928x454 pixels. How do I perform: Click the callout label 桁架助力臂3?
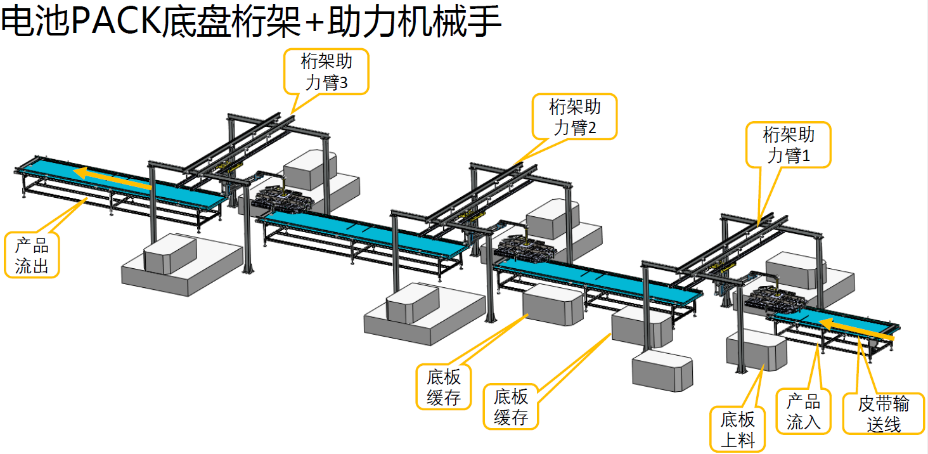326,72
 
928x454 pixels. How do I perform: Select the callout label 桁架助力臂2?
574,117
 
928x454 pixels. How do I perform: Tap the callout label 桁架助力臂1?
788,145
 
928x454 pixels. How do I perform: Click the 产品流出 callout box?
32,256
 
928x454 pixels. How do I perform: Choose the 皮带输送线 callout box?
883,413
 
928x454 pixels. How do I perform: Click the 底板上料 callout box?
738,429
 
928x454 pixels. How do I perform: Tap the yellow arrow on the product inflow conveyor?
856,330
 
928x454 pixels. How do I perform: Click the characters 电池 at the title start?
35,23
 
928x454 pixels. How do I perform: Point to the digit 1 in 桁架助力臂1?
806,156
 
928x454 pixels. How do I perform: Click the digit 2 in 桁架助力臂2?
591,128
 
